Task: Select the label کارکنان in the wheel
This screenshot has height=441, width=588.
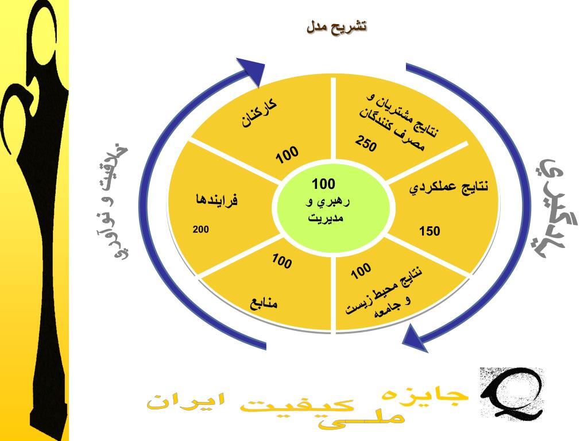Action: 258,114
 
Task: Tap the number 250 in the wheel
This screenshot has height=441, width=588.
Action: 366,144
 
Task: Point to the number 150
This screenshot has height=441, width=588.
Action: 430,231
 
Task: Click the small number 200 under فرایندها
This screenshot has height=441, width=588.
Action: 201,230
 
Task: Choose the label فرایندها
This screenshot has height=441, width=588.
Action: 216,200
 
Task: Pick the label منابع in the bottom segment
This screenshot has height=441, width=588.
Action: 264,303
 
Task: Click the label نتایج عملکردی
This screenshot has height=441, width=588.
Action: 450,187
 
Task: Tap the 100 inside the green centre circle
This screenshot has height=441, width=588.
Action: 323,184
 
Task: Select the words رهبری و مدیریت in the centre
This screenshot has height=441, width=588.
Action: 326,210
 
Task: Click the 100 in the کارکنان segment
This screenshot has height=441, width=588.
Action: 287,154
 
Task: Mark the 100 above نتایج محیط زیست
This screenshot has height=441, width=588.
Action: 361,271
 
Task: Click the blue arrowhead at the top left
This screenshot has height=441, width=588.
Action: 251,70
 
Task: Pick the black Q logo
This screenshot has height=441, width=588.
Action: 510,393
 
